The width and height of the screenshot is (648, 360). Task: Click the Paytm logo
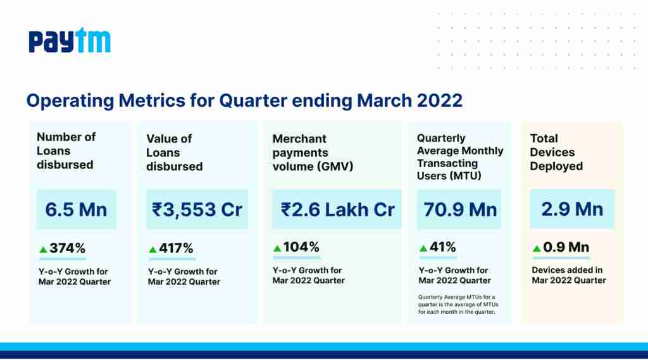pyautogui.click(x=70, y=40)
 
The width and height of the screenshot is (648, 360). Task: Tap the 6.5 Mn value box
pyautogui.click(x=77, y=209)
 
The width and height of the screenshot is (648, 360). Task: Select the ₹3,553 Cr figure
pyautogui.click(x=197, y=209)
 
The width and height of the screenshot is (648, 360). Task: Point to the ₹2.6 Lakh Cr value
pyautogui.click(x=338, y=209)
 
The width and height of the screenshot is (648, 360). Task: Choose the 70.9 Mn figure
pyautogui.click(x=460, y=209)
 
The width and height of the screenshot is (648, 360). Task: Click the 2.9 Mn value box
pyautogui.click(x=572, y=209)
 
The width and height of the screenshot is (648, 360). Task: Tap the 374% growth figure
pyautogui.click(x=67, y=248)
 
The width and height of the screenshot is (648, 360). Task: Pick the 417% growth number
pyautogui.click(x=176, y=248)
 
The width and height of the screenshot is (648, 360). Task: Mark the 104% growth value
pyautogui.click(x=301, y=247)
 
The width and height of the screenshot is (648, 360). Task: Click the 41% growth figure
pyautogui.click(x=442, y=247)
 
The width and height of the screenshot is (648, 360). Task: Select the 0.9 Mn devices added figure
pyautogui.click(x=566, y=247)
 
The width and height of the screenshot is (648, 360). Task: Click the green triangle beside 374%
pyautogui.click(x=43, y=249)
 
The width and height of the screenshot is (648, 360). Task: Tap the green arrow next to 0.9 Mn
pyautogui.click(x=537, y=249)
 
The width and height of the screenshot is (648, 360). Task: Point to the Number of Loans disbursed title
pyautogui.click(x=66, y=151)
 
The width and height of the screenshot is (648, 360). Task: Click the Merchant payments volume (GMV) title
pyautogui.click(x=313, y=152)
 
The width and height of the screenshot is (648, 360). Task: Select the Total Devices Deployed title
pyautogui.click(x=556, y=152)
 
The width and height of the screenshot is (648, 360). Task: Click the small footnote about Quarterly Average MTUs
pyautogui.click(x=458, y=304)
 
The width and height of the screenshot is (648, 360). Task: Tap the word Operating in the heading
pyautogui.click(x=70, y=101)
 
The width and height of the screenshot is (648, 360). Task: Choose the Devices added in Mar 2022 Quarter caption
pyautogui.click(x=569, y=275)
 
